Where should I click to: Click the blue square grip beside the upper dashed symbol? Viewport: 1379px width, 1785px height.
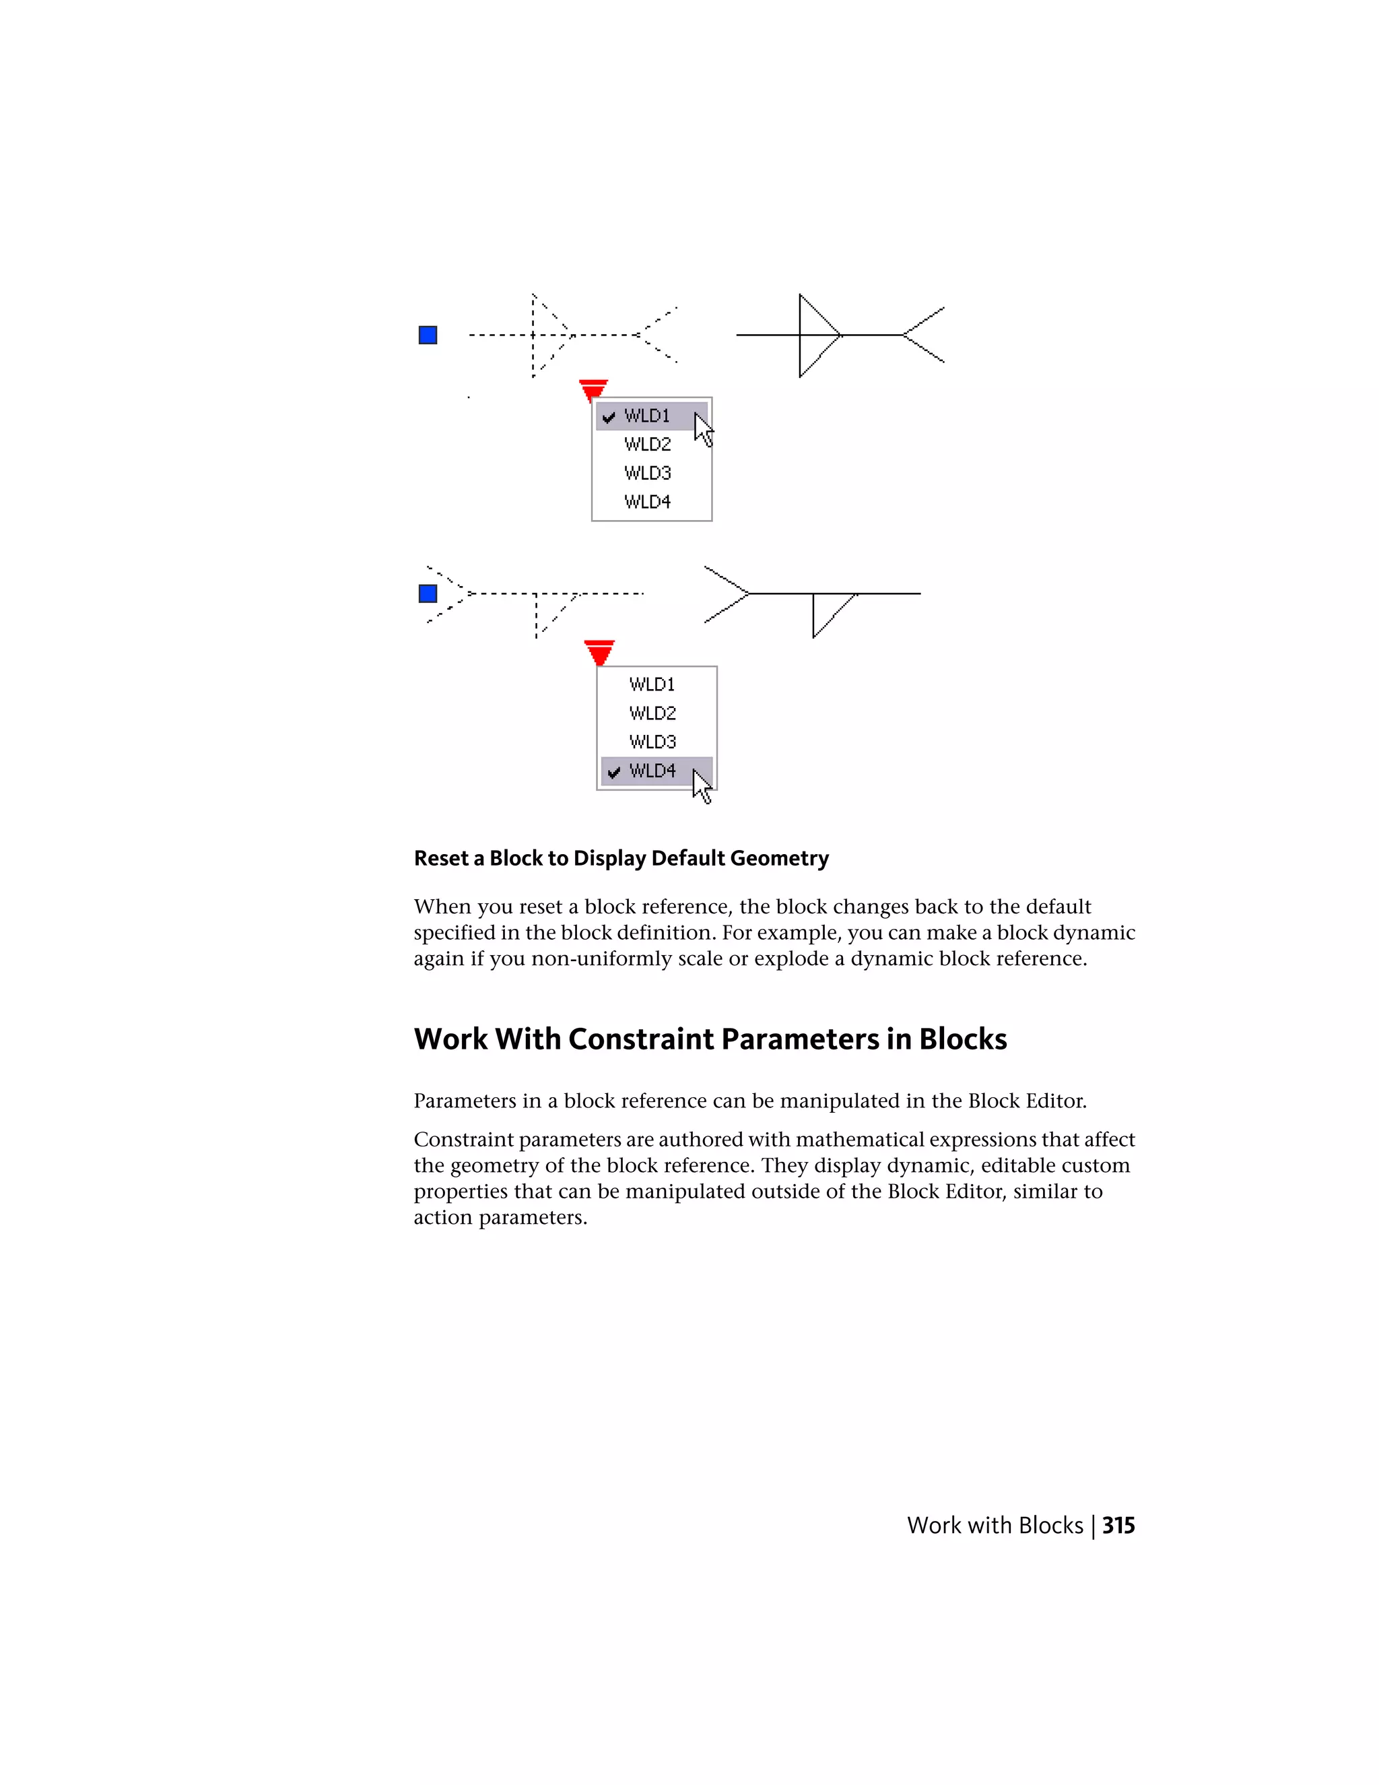[x=428, y=335]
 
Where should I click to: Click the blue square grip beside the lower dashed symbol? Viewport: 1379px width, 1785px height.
[x=428, y=593]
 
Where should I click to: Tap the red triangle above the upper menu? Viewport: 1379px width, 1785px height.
[x=593, y=389]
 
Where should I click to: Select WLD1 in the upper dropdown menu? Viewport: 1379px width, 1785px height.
[x=647, y=416]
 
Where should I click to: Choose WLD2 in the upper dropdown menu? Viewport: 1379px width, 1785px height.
[x=647, y=445]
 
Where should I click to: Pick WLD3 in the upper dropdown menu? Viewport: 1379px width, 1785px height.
[x=647, y=474]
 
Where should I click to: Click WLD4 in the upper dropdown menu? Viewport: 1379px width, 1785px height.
[x=647, y=502]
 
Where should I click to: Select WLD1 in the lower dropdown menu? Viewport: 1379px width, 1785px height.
[x=652, y=684]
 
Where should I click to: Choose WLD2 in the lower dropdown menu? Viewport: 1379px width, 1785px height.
[x=652, y=713]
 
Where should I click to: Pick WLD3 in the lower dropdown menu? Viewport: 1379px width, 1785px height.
[x=652, y=742]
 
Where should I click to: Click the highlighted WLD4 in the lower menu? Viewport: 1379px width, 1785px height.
[x=652, y=771]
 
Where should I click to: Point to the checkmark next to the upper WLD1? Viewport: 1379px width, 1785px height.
[x=609, y=417]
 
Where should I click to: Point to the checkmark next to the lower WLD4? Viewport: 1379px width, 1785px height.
[x=613, y=771]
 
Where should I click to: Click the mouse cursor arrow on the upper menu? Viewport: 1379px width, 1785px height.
[x=702, y=429]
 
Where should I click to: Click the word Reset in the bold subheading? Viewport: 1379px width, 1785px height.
[x=440, y=858]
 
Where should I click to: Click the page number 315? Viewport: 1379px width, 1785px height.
[x=1118, y=1526]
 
